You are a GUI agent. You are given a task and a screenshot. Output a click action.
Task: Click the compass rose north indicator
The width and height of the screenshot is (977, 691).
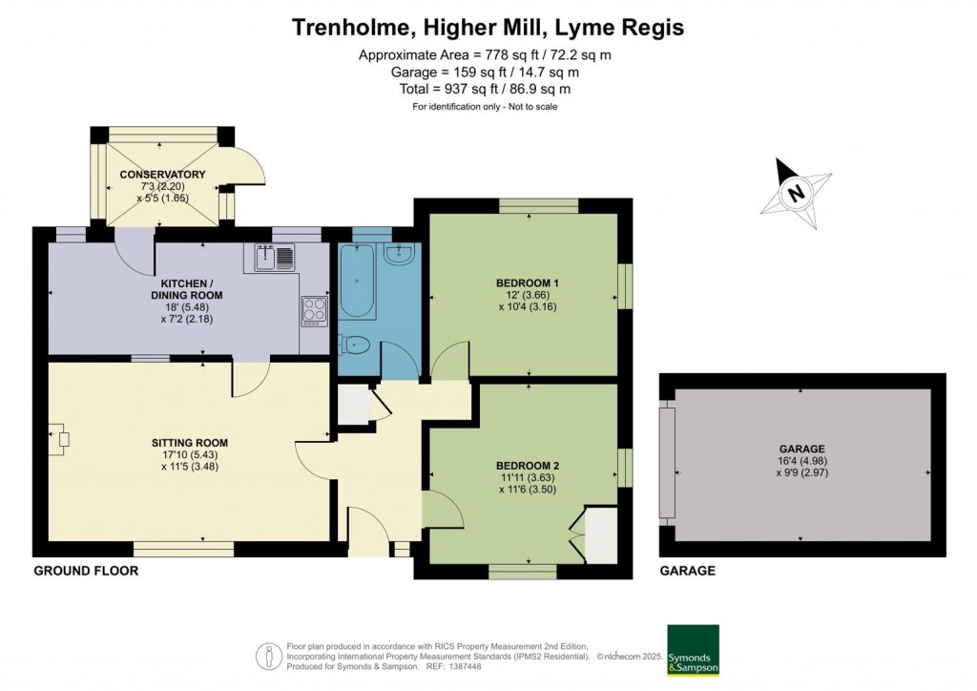coord(794,194)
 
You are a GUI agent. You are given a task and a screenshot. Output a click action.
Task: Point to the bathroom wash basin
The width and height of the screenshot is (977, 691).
coord(399,254)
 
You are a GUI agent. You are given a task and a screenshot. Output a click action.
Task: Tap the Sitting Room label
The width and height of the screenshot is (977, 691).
coord(189,443)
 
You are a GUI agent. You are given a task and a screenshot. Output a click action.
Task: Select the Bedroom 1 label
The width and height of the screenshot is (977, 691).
coord(527,283)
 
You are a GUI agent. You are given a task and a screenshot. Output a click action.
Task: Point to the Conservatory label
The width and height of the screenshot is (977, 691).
coord(162,175)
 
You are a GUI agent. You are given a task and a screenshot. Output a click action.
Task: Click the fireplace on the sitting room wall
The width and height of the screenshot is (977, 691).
coord(61,439)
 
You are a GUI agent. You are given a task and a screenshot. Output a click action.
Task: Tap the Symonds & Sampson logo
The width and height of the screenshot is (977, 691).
coord(692,651)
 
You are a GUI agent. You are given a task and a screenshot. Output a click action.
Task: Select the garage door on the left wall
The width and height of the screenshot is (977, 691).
coord(666,473)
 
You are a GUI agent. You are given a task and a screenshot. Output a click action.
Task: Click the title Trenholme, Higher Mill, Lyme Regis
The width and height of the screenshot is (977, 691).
coord(488,28)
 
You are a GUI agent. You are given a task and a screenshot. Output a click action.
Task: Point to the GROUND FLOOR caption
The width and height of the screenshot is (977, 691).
coord(86,571)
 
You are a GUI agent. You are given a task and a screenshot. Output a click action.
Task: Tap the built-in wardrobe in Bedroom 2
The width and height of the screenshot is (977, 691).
coord(597,537)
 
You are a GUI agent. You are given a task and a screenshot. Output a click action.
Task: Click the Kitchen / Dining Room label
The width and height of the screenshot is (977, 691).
coord(191,289)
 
